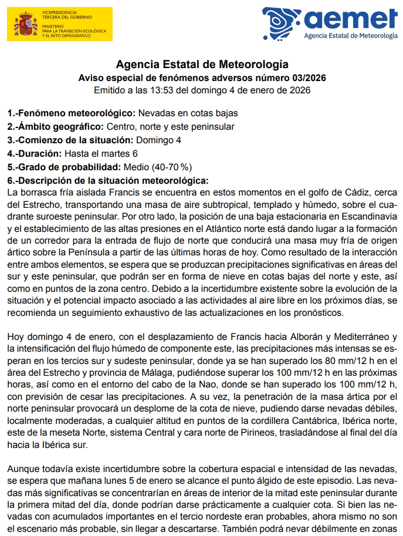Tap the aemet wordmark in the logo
pos(351,19)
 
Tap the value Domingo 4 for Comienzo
pos(158,140)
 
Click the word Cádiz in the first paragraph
pos(360,193)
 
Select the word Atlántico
pos(241,228)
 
